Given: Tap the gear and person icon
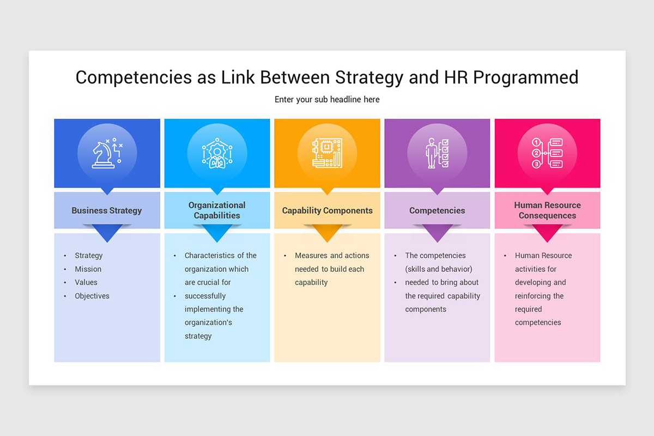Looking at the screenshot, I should [217, 154].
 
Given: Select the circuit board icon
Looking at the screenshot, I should [327, 153].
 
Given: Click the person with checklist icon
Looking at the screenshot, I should [437, 153].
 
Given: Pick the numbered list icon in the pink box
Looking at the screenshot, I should [547, 153].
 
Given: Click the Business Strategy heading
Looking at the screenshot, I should [107, 210].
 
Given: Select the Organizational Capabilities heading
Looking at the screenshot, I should [217, 210].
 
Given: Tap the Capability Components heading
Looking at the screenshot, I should [327, 210].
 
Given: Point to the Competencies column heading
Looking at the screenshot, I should [437, 210].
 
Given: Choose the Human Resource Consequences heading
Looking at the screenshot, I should [547, 210].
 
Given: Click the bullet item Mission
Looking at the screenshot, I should [88, 269].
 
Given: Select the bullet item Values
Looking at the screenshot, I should [86, 282].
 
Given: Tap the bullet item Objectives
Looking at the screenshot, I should [92, 296].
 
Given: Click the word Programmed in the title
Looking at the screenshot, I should [525, 77].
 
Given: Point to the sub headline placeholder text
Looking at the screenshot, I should [327, 100].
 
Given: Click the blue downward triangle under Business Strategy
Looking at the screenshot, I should [107, 234].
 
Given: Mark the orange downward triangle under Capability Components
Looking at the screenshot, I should [327, 234].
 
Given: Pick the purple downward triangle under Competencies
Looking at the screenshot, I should [437, 234].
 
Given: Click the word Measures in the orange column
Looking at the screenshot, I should [311, 256].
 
